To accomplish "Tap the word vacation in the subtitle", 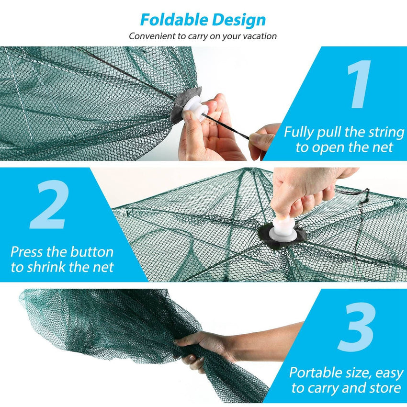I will point(259,36).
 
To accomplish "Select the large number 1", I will point(359,84).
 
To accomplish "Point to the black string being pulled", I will point(230,126).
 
